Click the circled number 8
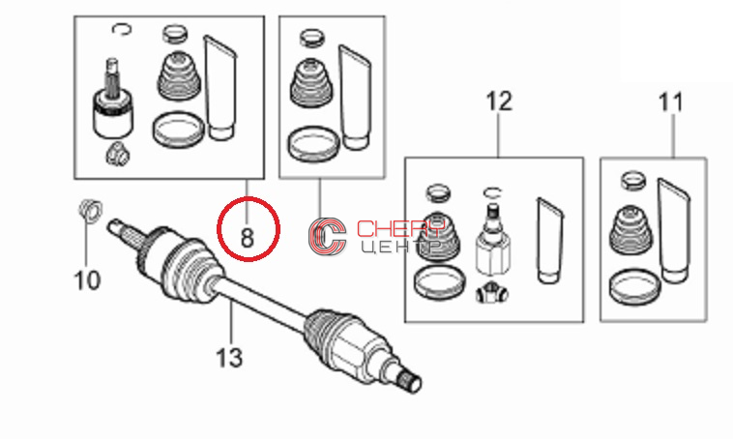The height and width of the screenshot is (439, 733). (247, 238)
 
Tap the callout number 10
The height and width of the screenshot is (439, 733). (87, 280)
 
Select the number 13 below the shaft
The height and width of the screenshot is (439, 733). (229, 358)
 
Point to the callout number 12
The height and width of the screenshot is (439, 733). (499, 102)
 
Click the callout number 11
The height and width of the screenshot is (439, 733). (671, 102)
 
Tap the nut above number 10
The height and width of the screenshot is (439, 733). (91, 210)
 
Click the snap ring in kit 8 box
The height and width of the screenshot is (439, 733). (122, 29)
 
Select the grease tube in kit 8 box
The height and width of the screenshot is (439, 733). (220, 88)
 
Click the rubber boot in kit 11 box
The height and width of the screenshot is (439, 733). (632, 231)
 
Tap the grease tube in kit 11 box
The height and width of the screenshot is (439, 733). (674, 230)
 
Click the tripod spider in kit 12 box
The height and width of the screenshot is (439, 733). (492, 294)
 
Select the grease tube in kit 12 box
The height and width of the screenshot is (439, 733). (549, 241)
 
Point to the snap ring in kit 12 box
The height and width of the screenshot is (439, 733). (492, 192)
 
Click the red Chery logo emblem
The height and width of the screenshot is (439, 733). (327, 237)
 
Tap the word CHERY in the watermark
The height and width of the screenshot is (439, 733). (400, 228)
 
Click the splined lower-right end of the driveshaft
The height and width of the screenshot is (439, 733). (411, 381)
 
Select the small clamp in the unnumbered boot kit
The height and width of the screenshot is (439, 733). (311, 38)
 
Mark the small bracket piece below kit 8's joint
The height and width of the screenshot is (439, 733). (117, 154)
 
